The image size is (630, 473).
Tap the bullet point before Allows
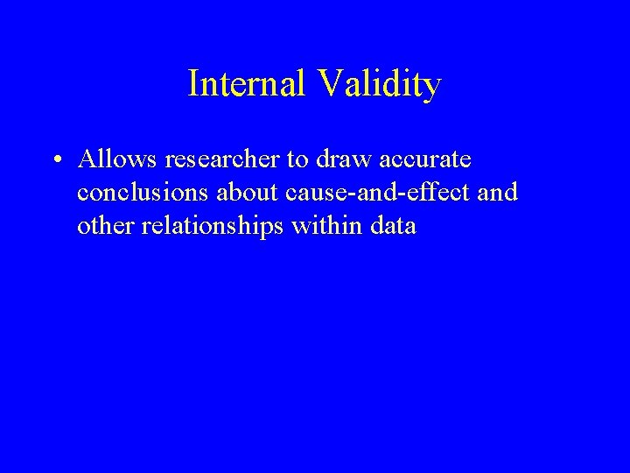pyautogui.click(x=55, y=161)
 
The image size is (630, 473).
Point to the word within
pyautogui.click(x=323, y=226)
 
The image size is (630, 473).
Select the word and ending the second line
pyautogui.click(x=500, y=193)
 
